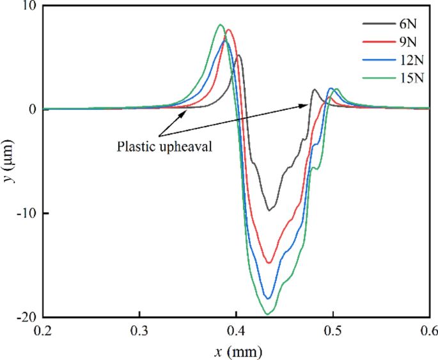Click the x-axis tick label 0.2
[43, 331]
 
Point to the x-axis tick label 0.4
[236, 331]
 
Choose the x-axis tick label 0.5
[332, 331]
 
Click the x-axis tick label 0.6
[429, 331]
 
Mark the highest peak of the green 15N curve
[220, 25]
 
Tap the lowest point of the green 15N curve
[267, 314]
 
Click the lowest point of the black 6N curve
[270, 210]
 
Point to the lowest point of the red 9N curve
[269, 263]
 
